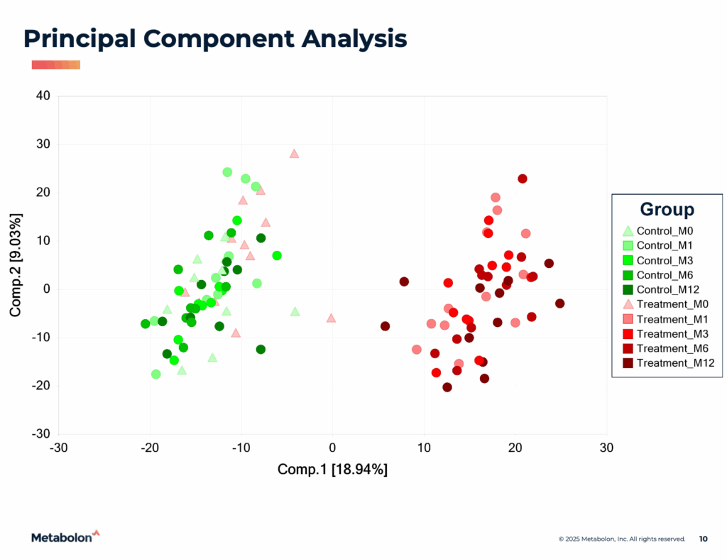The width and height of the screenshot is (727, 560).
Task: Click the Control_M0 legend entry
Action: click(665, 230)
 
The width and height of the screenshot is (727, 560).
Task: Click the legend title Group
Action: click(667, 209)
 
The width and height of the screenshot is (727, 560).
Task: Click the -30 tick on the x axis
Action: click(58, 448)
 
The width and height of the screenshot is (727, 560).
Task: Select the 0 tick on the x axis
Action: click(332, 448)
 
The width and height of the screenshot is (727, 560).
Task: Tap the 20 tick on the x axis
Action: click(515, 448)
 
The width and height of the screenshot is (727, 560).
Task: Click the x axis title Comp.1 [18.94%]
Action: click(332, 469)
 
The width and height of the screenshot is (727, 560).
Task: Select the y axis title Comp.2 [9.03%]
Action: click(16, 264)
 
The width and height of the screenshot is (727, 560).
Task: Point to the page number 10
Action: click(703, 539)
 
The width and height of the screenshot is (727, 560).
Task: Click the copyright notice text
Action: click(621, 539)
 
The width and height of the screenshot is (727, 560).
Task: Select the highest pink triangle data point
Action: click(294, 154)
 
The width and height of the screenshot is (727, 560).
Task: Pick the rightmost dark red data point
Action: click(559, 303)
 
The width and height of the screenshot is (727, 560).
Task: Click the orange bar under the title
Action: click(56, 65)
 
